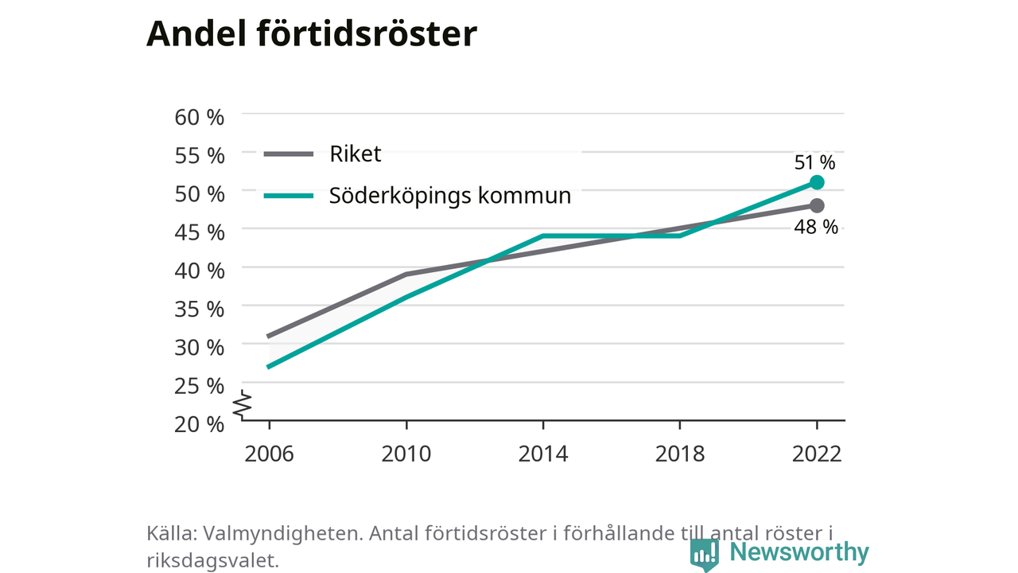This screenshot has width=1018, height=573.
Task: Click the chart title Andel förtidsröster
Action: (311, 33)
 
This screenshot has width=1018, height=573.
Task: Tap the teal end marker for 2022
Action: (817, 182)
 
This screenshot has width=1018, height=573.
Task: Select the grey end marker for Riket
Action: (817, 205)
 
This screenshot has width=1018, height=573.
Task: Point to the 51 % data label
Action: (814, 162)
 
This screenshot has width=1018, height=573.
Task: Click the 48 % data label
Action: (816, 227)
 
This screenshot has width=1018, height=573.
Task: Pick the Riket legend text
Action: (355, 154)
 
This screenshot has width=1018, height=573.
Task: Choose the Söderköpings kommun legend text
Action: (450, 196)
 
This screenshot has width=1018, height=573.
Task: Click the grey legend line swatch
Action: (289, 154)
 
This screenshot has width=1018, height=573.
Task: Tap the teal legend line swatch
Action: (289, 196)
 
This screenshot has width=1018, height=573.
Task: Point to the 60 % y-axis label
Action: (200, 117)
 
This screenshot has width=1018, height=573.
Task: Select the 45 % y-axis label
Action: (200, 232)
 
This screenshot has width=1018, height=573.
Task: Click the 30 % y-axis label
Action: (200, 348)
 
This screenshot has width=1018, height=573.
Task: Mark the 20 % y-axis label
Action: (200, 424)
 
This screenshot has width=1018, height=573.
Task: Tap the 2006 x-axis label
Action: (269, 454)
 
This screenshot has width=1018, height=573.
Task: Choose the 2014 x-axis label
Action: (543, 454)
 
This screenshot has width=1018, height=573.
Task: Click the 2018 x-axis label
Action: (680, 454)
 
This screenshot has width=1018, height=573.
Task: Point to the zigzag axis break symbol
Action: (243, 404)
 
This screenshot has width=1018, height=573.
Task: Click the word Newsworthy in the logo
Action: (799, 552)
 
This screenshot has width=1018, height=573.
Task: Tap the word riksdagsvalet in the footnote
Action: (212, 561)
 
